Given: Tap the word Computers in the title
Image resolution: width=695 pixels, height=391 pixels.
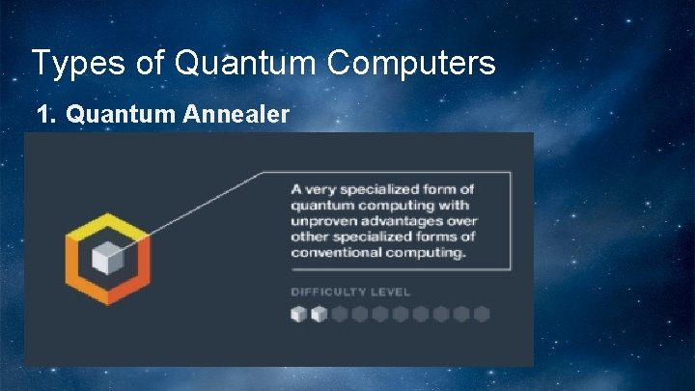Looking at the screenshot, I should coord(413,64).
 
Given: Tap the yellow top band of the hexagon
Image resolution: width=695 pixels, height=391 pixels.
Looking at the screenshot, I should coord(106,224).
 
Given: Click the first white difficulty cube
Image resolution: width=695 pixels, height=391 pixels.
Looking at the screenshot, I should coord(298,314).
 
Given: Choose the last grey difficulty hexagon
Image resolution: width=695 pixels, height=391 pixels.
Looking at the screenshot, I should coord(482,314).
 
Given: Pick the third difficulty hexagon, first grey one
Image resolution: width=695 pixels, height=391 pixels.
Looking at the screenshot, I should coord(339,314).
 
